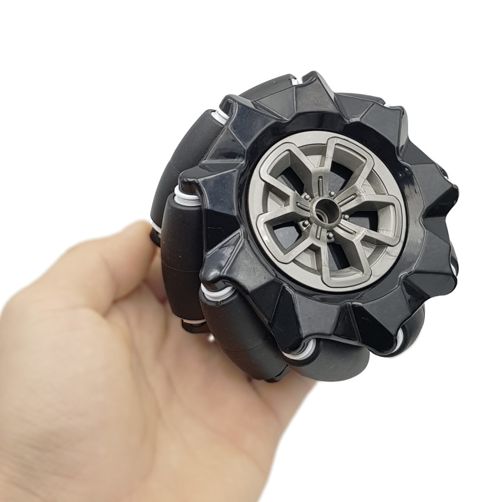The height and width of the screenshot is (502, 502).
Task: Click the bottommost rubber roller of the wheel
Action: tap(333, 363)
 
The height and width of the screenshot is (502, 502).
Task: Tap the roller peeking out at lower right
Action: tap(412, 324)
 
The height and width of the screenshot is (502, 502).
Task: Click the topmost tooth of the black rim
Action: tap(314, 78)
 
